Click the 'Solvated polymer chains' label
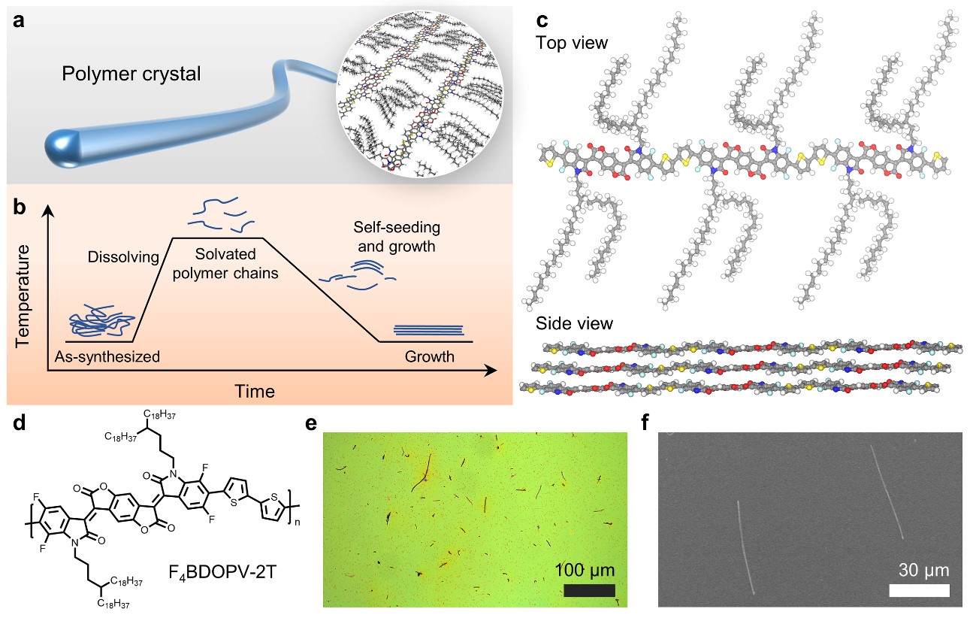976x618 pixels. click(x=225, y=264)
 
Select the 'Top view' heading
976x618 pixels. click(x=572, y=43)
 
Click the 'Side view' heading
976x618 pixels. click(x=574, y=324)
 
